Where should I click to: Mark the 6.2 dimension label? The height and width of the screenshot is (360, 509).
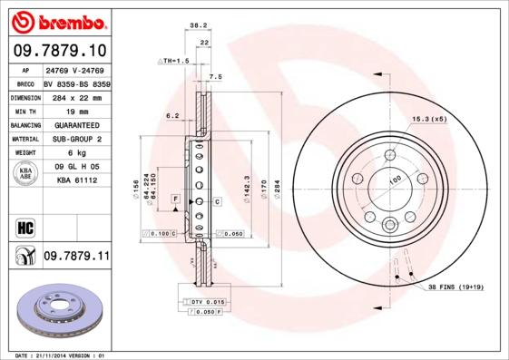point(172,115)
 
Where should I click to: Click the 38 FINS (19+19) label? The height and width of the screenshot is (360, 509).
point(459,287)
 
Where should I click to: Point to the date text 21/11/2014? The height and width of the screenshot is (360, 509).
point(64,355)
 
